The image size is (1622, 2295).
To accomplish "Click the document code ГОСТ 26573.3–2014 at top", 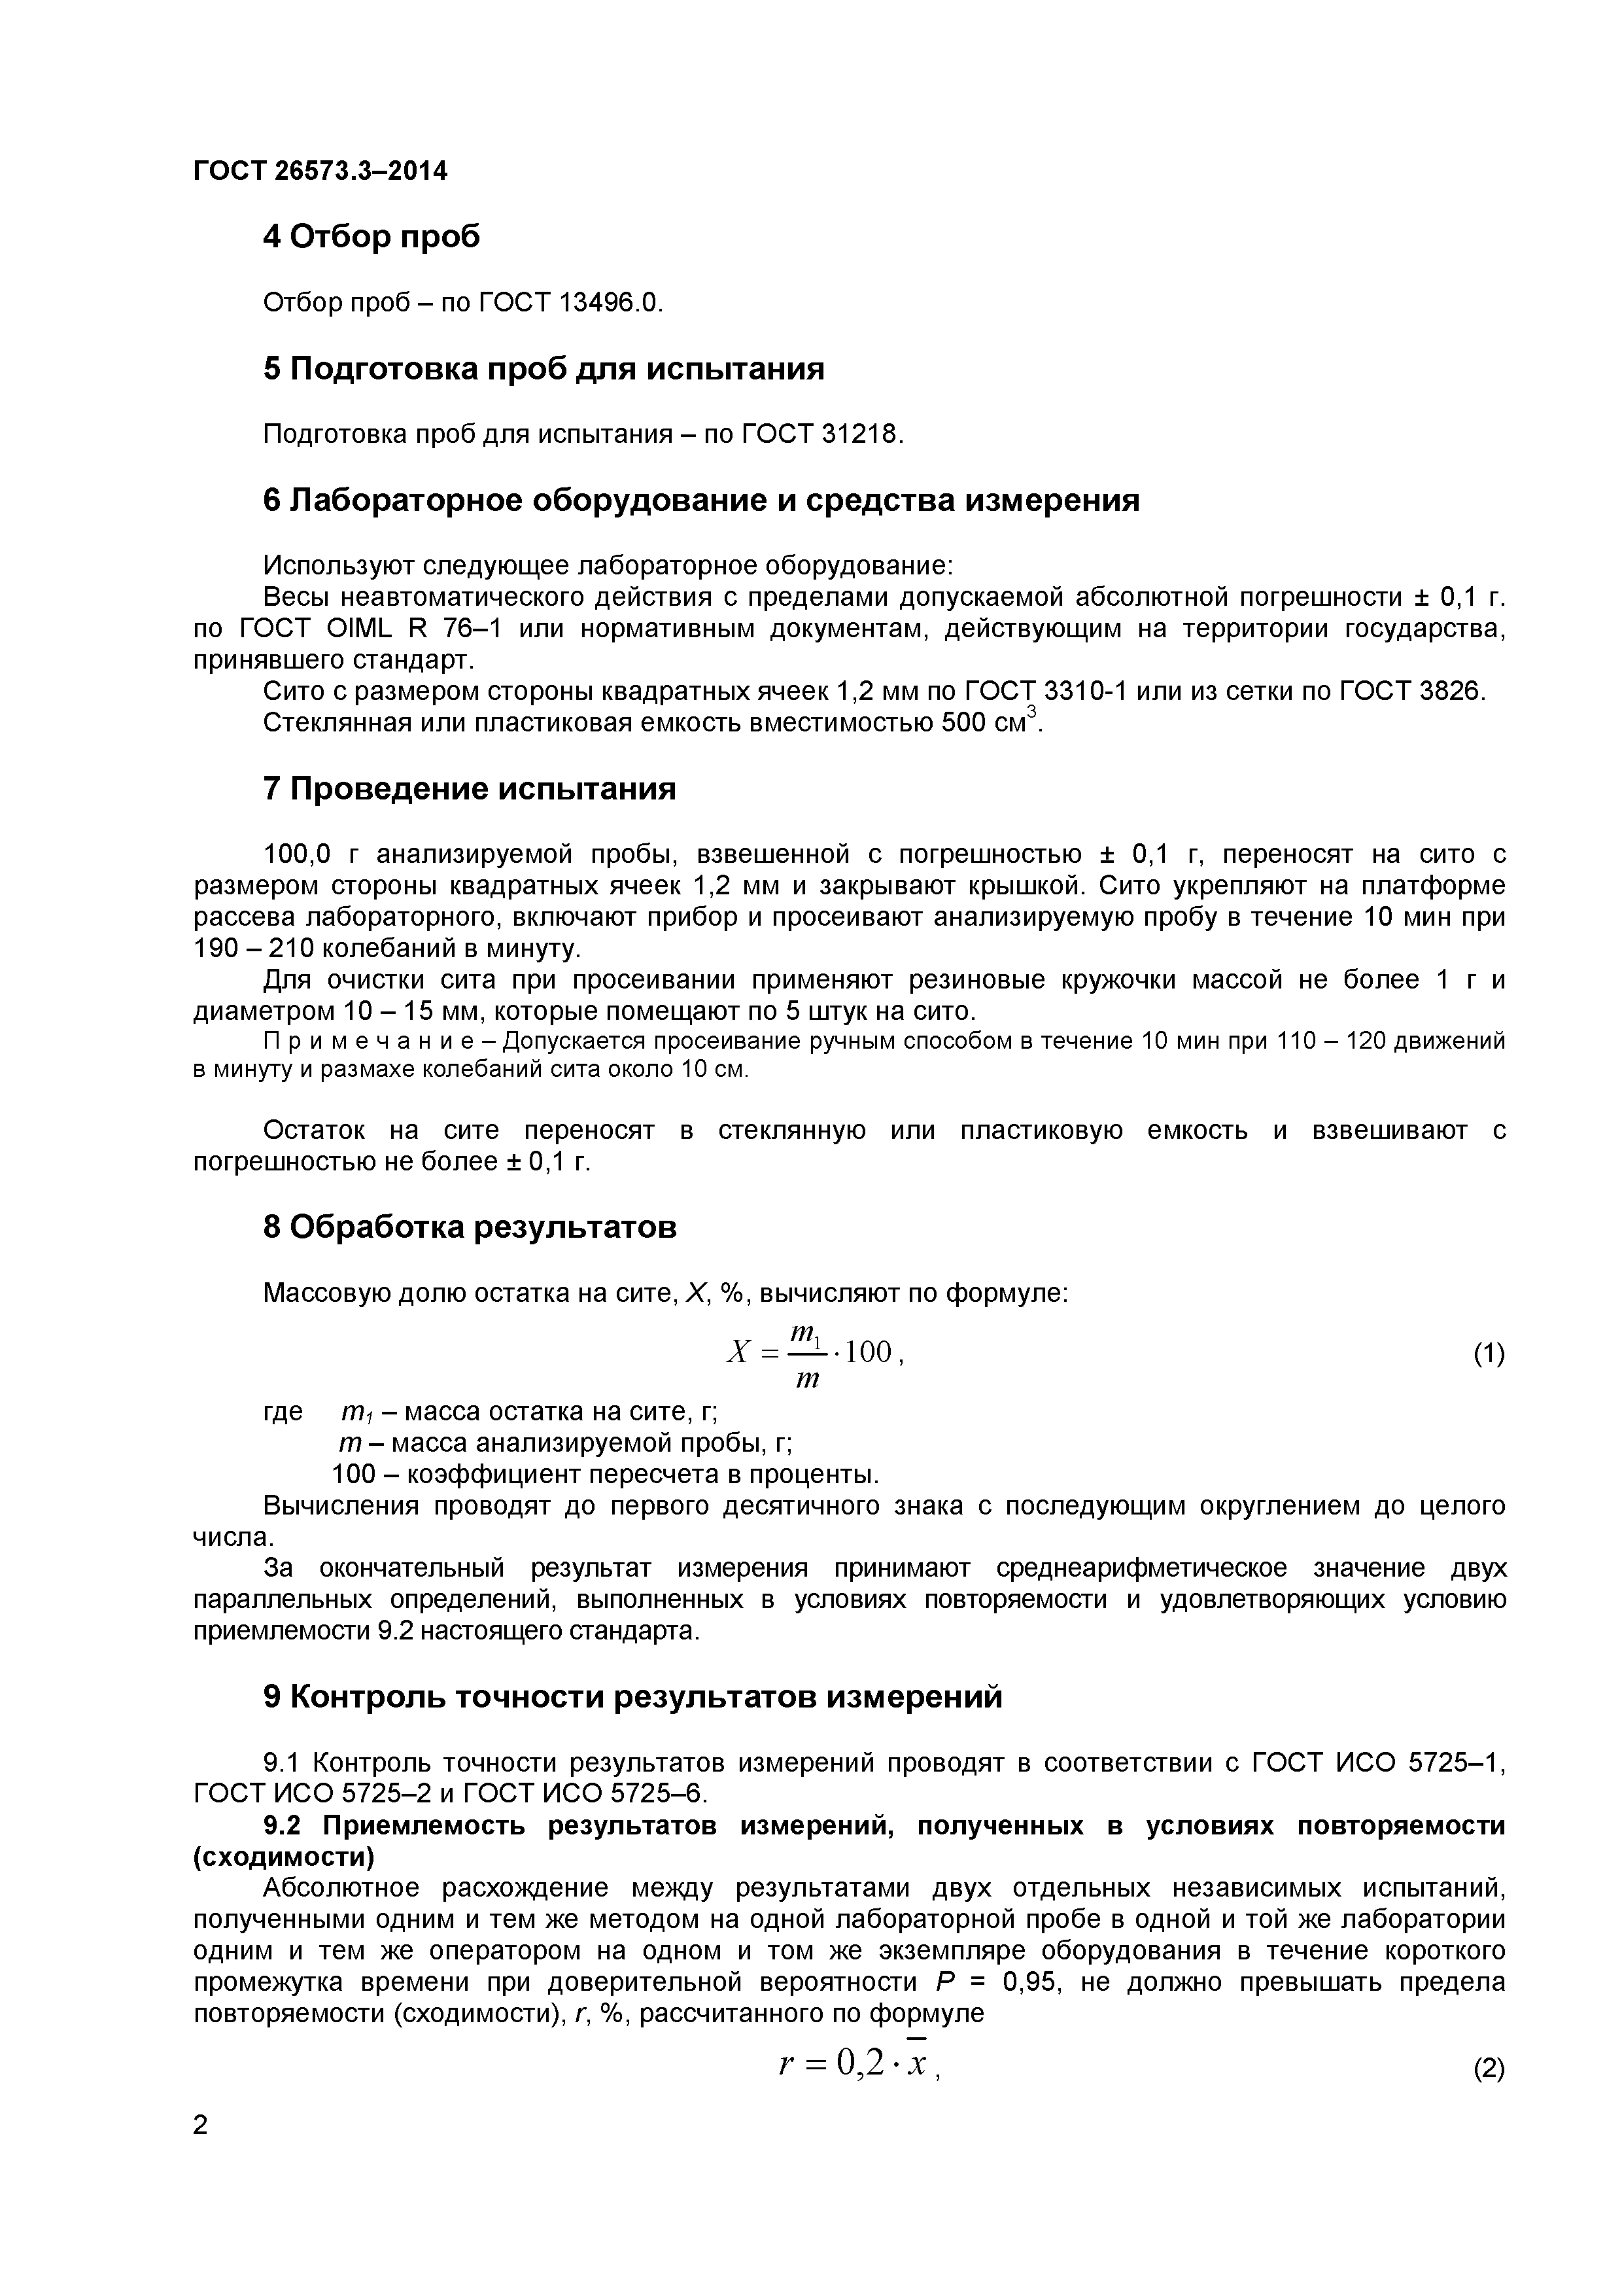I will [320, 171].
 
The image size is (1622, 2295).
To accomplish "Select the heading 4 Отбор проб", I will [371, 236].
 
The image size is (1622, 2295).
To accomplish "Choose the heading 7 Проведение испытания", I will [470, 788].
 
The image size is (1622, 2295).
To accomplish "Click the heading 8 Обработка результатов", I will [470, 1227].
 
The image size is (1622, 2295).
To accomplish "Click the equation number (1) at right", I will [1488, 1354].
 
